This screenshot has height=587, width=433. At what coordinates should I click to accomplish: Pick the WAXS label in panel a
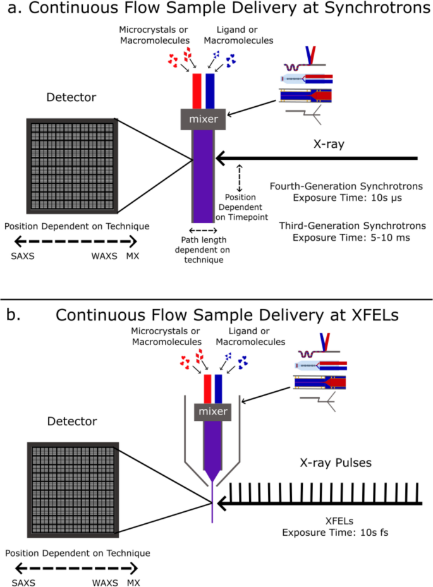pyautogui.click(x=104, y=257)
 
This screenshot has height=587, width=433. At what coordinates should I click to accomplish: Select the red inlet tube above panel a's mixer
pyautogui.click(x=196, y=92)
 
